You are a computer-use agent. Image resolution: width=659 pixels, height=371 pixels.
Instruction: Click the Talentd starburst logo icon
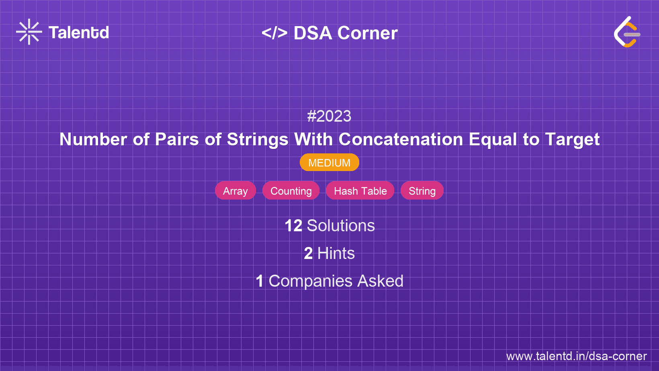[x=29, y=32]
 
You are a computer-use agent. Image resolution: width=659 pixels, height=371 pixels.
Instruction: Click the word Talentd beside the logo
[x=79, y=33]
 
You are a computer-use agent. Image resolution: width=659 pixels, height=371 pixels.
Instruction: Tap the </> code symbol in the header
[x=274, y=33]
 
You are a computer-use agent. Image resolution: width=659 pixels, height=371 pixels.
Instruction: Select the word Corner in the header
[x=367, y=33]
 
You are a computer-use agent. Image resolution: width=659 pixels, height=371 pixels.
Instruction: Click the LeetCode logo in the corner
[x=627, y=32]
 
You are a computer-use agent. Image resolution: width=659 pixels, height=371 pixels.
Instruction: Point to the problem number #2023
[x=329, y=116]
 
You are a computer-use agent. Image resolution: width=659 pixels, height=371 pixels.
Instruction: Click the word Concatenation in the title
[x=401, y=139]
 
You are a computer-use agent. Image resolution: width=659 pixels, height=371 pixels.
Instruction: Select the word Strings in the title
[x=258, y=139]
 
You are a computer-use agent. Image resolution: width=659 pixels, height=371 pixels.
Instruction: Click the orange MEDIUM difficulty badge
[x=329, y=163]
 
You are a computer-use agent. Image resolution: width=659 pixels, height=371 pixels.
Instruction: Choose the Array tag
[x=235, y=191]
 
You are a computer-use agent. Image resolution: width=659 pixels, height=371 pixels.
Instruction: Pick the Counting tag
[x=291, y=191]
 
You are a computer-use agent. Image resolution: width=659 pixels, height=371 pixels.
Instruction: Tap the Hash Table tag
[x=360, y=191]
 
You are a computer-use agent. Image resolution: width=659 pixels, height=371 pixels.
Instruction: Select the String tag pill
[x=422, y=191]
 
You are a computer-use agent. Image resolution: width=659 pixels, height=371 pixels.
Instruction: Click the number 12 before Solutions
[x=293, y=226]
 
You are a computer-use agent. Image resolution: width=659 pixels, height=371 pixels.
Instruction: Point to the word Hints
[x=336, y=254]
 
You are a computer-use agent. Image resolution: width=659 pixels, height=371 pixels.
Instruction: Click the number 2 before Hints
[x=308, y=254]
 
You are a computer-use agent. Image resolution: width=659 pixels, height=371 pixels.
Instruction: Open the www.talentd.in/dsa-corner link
[x=576, y=356]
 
